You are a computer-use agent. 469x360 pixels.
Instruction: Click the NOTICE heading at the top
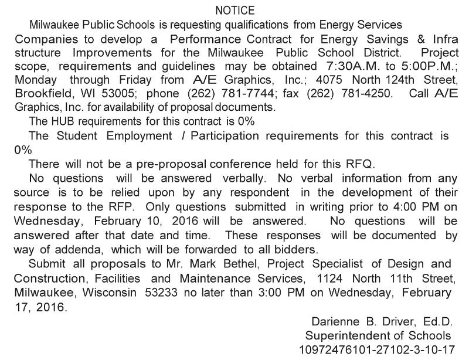point(235,11)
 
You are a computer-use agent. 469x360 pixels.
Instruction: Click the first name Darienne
point(332,322)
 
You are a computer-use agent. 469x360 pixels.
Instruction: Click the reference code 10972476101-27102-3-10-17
point(377,350)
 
